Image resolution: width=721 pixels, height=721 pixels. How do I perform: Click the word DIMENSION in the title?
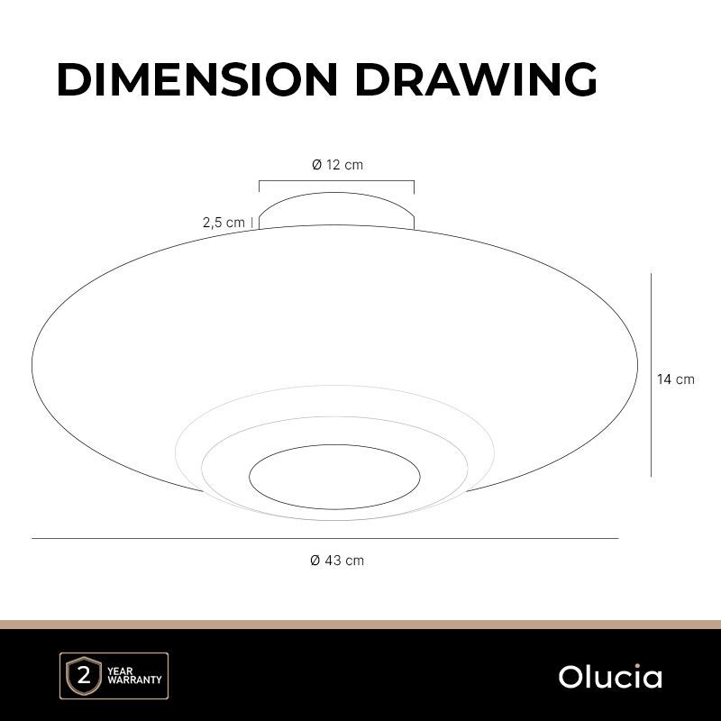coord(197,79)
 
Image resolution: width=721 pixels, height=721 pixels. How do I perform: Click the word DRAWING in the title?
coord(477,79)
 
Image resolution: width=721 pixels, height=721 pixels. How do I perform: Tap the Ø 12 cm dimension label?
coord(337,165)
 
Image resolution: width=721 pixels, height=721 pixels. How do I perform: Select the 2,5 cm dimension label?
coord(224,223)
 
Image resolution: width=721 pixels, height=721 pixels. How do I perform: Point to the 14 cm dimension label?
coord(675,379)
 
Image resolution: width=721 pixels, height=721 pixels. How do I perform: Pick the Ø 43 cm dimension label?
coord(337,561)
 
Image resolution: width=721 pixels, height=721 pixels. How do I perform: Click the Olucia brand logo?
coord(610,677)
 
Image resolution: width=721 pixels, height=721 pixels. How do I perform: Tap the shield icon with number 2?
coord(84,676)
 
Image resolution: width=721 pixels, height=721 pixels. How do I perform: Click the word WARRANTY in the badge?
coord(134,680)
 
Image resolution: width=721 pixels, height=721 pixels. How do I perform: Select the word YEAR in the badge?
coord(120,671)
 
